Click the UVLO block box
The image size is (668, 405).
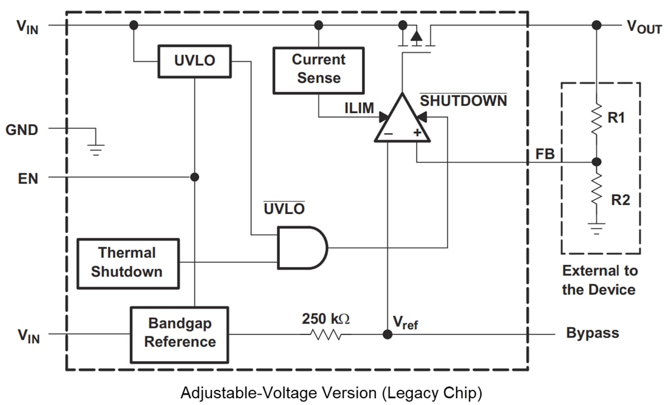tap(194, 61)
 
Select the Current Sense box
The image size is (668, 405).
tap(318, 70)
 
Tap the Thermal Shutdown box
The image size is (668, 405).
tap(128, 263)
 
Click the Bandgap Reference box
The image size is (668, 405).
tap(180, 334)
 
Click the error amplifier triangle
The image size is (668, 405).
tap(402, 122)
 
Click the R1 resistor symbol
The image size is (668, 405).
tap(596, 118)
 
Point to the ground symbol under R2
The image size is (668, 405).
tap(596, 229)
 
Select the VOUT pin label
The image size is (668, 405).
tap(644, 27)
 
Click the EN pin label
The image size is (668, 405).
tap(28, 179)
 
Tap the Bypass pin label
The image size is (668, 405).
tap(592, 333)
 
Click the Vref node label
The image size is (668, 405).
tap(406, 324)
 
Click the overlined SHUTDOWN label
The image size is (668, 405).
tap(463, 101)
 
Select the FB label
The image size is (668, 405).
tap(545, 154)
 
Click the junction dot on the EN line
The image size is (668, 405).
tap(194, 177)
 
